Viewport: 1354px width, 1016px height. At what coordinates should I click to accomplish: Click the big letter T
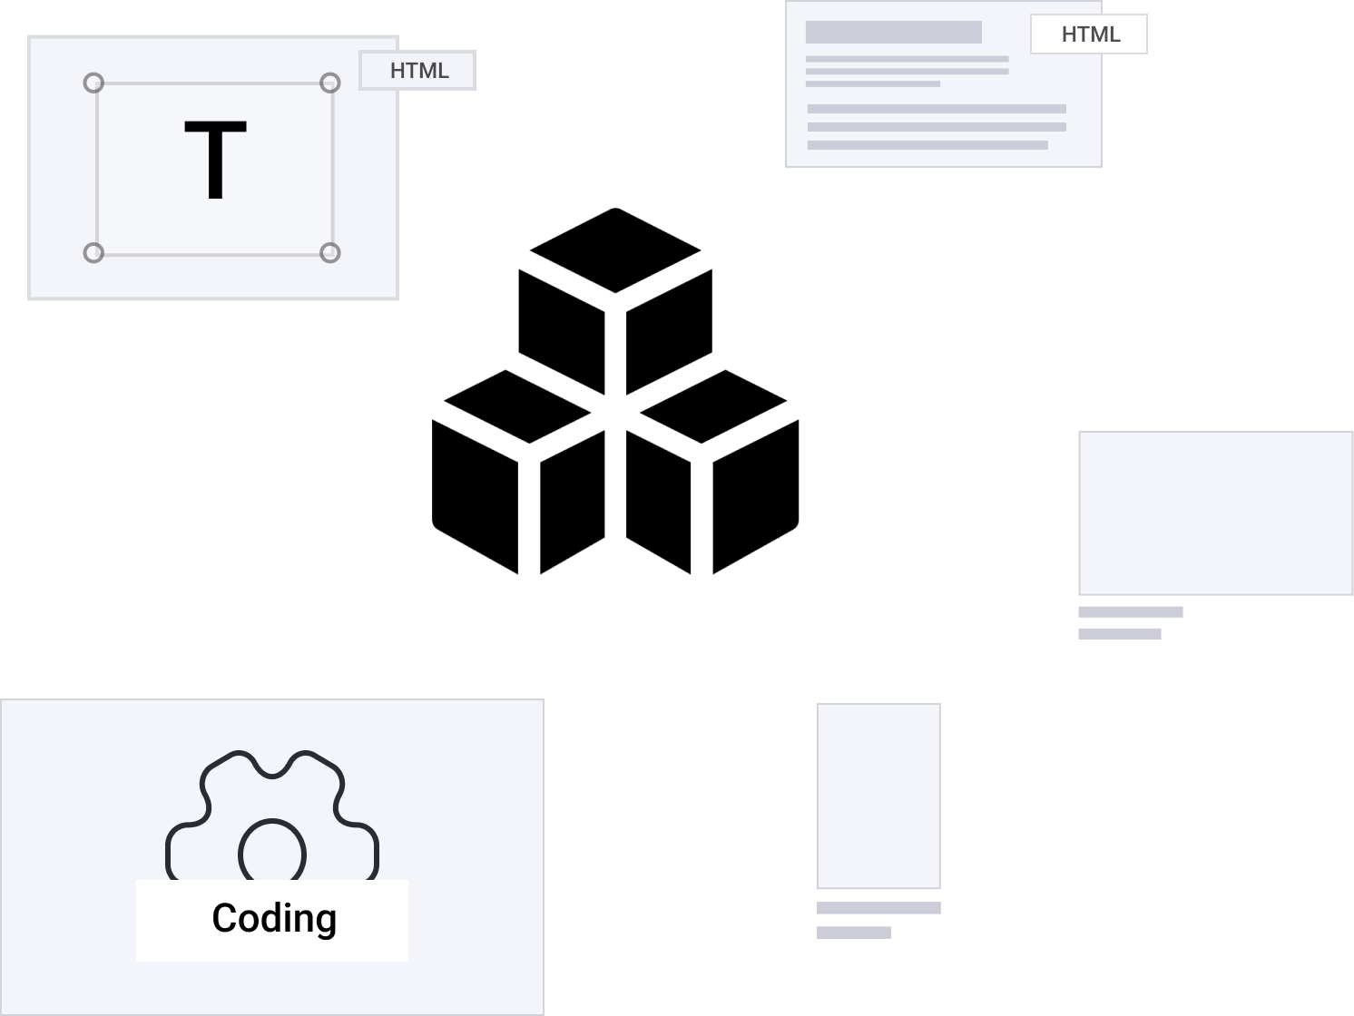[215, 161]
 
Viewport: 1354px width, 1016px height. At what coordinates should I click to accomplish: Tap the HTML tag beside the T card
[418, 71]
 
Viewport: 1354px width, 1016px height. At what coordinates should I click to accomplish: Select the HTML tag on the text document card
[1089, 34]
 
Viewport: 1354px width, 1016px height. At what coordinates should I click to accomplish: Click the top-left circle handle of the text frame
[93, 83]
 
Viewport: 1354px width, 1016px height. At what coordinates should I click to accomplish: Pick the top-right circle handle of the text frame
[330, 83]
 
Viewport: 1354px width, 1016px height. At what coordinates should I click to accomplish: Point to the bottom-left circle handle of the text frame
[93, 253]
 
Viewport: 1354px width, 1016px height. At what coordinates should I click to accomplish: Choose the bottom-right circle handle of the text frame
[330, 253]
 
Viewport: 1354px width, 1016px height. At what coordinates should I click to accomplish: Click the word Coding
[274, 918]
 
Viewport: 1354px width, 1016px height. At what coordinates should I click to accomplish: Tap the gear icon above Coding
[271, 798]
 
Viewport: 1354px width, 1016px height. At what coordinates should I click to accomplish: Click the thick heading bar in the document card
[893, 33]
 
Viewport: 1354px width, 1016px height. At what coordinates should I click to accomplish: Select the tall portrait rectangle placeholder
[878, 796]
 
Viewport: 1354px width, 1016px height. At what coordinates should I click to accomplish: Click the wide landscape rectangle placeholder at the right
[1215, 513]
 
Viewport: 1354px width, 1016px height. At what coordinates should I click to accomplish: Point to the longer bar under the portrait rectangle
[878, 908]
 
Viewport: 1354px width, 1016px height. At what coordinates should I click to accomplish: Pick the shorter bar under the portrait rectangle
[854, 933]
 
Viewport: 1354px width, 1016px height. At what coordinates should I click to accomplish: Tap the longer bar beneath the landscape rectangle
[1130, 612]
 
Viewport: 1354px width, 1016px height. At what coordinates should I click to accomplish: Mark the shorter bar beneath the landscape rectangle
[1119, 634]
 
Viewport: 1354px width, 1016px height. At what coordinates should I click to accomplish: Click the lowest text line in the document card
[927, 145]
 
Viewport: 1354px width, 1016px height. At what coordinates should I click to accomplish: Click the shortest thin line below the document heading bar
[872, 84]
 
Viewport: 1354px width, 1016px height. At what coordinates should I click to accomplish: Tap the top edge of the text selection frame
[213, 83]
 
